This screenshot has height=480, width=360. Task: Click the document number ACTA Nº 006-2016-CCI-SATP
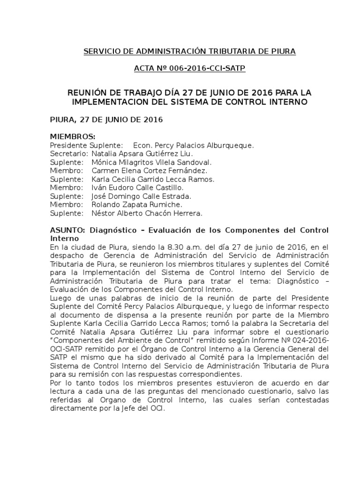tap(189, 68)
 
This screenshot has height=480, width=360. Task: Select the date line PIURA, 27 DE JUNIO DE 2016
tap(106, 120)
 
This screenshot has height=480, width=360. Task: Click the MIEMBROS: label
tap(73, 137)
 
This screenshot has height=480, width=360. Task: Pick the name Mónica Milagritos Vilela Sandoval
tap(145, 162)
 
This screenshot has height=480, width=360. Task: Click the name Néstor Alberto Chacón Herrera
tap(147, 213)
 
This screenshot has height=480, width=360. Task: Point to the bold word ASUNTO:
tap(67, 231)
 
